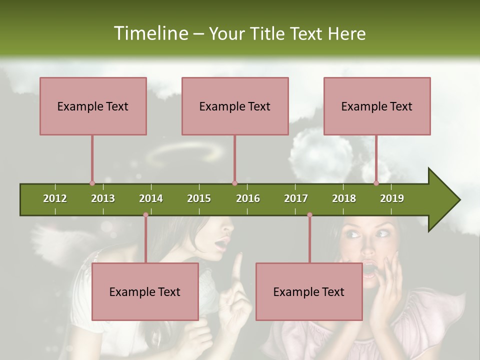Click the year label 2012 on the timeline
point(55,198)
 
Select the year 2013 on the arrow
point(103,198)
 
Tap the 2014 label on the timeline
point(151,198)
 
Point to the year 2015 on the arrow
point(199,198)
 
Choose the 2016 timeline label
point(248,198)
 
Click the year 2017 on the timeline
point(296,198)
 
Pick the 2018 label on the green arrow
point(344,198)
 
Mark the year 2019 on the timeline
point(392,198)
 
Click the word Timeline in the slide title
point(150,33)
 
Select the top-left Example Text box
point(93,106)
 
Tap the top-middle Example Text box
point(235,106)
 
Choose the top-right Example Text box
point(377,106)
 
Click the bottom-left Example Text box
point(145,291)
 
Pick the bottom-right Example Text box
point(309,291)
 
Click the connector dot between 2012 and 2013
point(92,183)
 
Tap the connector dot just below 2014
point(145,214)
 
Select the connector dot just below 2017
point(309,214)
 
